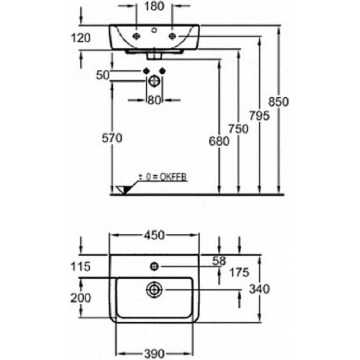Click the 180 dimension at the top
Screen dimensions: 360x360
(x=154, y=6)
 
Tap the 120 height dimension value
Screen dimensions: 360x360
(x=81, y=38)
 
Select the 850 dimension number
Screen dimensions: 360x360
(x=279, y=102)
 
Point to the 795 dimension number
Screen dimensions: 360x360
(x=259, y=116)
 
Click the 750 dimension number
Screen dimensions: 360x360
(x=238, y=129)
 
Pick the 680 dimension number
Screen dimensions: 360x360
(x=219, y=141)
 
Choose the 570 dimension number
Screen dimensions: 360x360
(x=112, y=138)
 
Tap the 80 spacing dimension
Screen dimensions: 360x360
(x=154, y=100)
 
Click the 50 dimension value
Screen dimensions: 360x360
(x=103, y=75)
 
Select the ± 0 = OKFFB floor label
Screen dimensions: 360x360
(x=162, y=177)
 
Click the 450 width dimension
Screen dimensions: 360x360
(x=154, y=235)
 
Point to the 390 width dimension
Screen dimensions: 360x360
(x=154, y=354)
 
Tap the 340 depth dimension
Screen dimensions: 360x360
(x=260, y=289)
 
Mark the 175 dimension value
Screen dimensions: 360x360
(x=239, y=273)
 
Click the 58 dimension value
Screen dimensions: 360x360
(x=219, y=261)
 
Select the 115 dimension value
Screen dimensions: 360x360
(x=81, y=267)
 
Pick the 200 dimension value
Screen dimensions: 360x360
(x=81, y=298)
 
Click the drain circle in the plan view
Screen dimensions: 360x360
(x=154, y=289)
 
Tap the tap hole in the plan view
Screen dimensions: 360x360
(x=154, y=266)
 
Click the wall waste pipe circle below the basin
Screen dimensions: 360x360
(x=154, y=81)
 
